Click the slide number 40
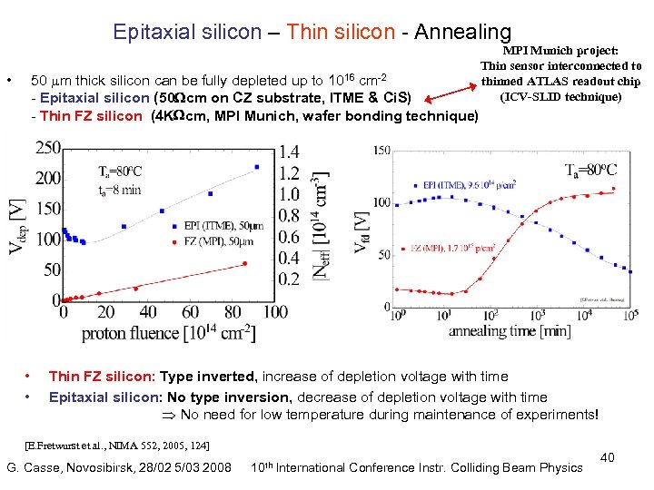[x=608, y=457]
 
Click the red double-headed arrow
[x=451, y=92]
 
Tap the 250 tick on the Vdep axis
[x=48, y=148]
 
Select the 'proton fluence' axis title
[x=168, y=333]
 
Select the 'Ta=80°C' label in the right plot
[x=590, y=170]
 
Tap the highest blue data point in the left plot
[x=257, y=167]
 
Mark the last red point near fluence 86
[x=244, y=264]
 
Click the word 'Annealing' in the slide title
[x=462, y=33]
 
